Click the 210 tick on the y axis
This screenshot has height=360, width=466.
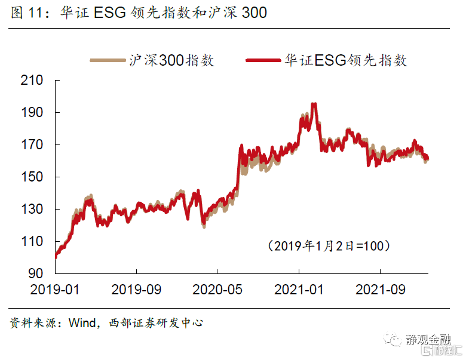click(33, 80)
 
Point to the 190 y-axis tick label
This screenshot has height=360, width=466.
click(33, 112)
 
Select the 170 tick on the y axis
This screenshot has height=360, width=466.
click(33, 144)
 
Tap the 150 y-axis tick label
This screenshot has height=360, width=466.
click(33, 177)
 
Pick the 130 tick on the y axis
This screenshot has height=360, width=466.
click(33, 209)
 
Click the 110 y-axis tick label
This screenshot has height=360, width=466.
click(33, 241)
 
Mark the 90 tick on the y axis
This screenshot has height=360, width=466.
click(37, 273)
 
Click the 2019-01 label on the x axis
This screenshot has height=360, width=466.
click(55, 290)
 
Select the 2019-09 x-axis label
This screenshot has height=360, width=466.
click(137, 290)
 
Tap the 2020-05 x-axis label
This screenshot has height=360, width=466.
click(218, 290)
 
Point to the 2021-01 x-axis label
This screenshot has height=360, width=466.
click(299, 290)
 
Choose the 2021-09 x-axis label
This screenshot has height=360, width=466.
click(380, 290)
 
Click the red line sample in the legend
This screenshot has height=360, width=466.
click(263, 60)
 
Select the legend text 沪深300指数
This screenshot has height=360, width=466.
click(171, 60)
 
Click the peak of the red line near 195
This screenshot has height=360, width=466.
click(314, 104)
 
